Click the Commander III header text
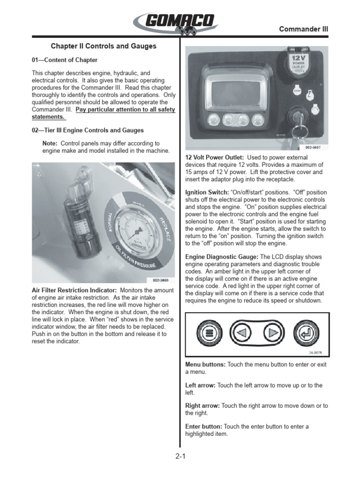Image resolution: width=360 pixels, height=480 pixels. pyautogui.click(x=303, y=29)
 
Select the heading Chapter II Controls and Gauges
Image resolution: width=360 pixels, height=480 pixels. pyautogui.click(x=104, y=46)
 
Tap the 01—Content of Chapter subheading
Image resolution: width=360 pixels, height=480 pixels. pyautogui.click(x=65, y=60)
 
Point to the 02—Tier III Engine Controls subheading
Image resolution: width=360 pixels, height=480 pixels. pyautogui.click(x=88, y=130)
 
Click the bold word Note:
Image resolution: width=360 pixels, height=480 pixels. pyautogui.click(x=50, y=143)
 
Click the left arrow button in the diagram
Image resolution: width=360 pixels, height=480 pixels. pyautogui.click(x=242, y=334)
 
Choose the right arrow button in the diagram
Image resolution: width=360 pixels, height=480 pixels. pyautogui.click(x=271, y=334)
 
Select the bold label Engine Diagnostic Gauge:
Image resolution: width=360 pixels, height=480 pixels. pyautogui.click(x=222, y=257)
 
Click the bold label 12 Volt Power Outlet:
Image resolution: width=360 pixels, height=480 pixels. pyautogui.click(x=214, y=157)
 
